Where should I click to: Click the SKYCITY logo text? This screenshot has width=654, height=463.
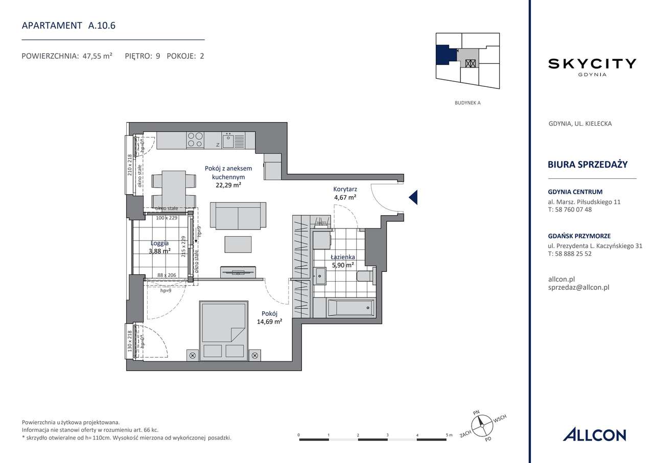click(x=592, y=63)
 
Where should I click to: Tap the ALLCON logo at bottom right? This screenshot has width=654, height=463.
click(x=594, y=435)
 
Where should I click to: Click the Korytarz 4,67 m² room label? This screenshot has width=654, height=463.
click(x=345, y=193)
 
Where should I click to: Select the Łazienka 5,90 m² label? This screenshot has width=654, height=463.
click(x=342, y=261)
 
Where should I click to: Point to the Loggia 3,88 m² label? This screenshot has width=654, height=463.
click(x=159, y=247)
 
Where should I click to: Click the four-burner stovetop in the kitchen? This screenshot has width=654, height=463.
click(x=195, y=140)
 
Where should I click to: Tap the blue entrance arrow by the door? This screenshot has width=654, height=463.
click(x=414, y=197)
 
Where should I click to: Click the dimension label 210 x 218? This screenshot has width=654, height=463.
click(x=130, y=165)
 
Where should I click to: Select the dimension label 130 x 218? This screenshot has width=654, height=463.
click(x=130, y=340)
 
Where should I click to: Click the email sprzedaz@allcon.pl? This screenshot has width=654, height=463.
click(x=578, y=287)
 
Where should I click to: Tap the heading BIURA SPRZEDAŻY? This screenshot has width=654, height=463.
click(x=587, y=164)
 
